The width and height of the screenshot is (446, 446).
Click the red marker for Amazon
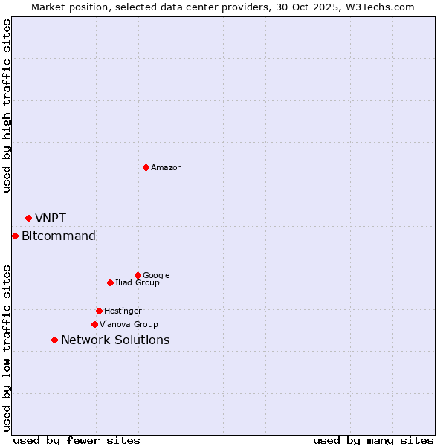[146, 167]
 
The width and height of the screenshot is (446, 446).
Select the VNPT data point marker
[28, 218]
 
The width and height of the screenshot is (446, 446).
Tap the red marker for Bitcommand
[15, 236]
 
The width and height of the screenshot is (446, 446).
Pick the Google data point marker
[138, 275]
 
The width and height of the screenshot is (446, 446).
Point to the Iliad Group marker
[110, 282]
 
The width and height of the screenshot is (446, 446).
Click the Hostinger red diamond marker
[99, 311]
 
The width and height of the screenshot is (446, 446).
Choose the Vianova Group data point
[94, 324]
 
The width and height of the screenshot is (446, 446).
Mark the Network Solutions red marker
[54, 340]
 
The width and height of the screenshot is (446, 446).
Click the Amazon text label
[167, 168]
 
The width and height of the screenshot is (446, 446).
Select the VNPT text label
[51, 218]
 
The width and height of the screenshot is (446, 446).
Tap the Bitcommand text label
[59, 236]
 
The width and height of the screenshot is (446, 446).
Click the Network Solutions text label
[115, 340]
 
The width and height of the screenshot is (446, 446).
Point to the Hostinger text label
[123, 311]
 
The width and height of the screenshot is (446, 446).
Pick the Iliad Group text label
[138, 283]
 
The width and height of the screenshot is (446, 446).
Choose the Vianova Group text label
[129, 325]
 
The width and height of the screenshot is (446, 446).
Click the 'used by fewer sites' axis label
[77, 440]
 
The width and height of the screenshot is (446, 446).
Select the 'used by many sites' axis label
[373, 440]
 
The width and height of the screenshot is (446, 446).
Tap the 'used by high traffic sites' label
[7, 106]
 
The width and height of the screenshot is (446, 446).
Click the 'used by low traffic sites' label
[7, 348]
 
